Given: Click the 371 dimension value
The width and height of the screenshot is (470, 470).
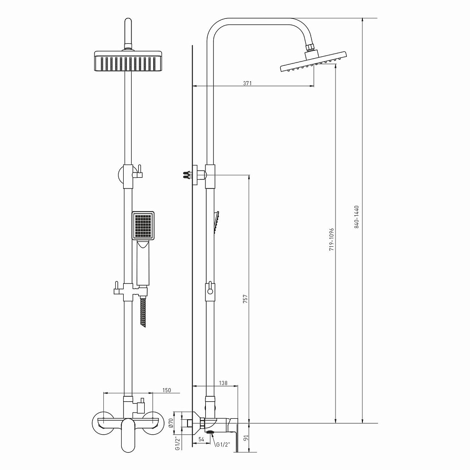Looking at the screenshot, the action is (247, 83).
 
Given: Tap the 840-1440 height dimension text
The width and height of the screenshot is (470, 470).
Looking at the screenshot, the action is (357, 217).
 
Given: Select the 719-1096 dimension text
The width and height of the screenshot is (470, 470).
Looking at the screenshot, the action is (331, 240).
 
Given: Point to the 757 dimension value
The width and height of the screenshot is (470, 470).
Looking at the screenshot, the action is (245, 299).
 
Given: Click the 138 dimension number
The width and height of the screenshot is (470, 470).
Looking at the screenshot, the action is (223, 383).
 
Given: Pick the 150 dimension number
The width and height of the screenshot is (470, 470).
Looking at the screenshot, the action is (167, 390).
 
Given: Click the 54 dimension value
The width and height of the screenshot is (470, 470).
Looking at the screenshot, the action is (201, 439).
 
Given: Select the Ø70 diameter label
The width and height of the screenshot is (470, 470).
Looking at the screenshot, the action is (171, 423).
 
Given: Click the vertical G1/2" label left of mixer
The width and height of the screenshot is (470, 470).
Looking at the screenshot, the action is (178, 443).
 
